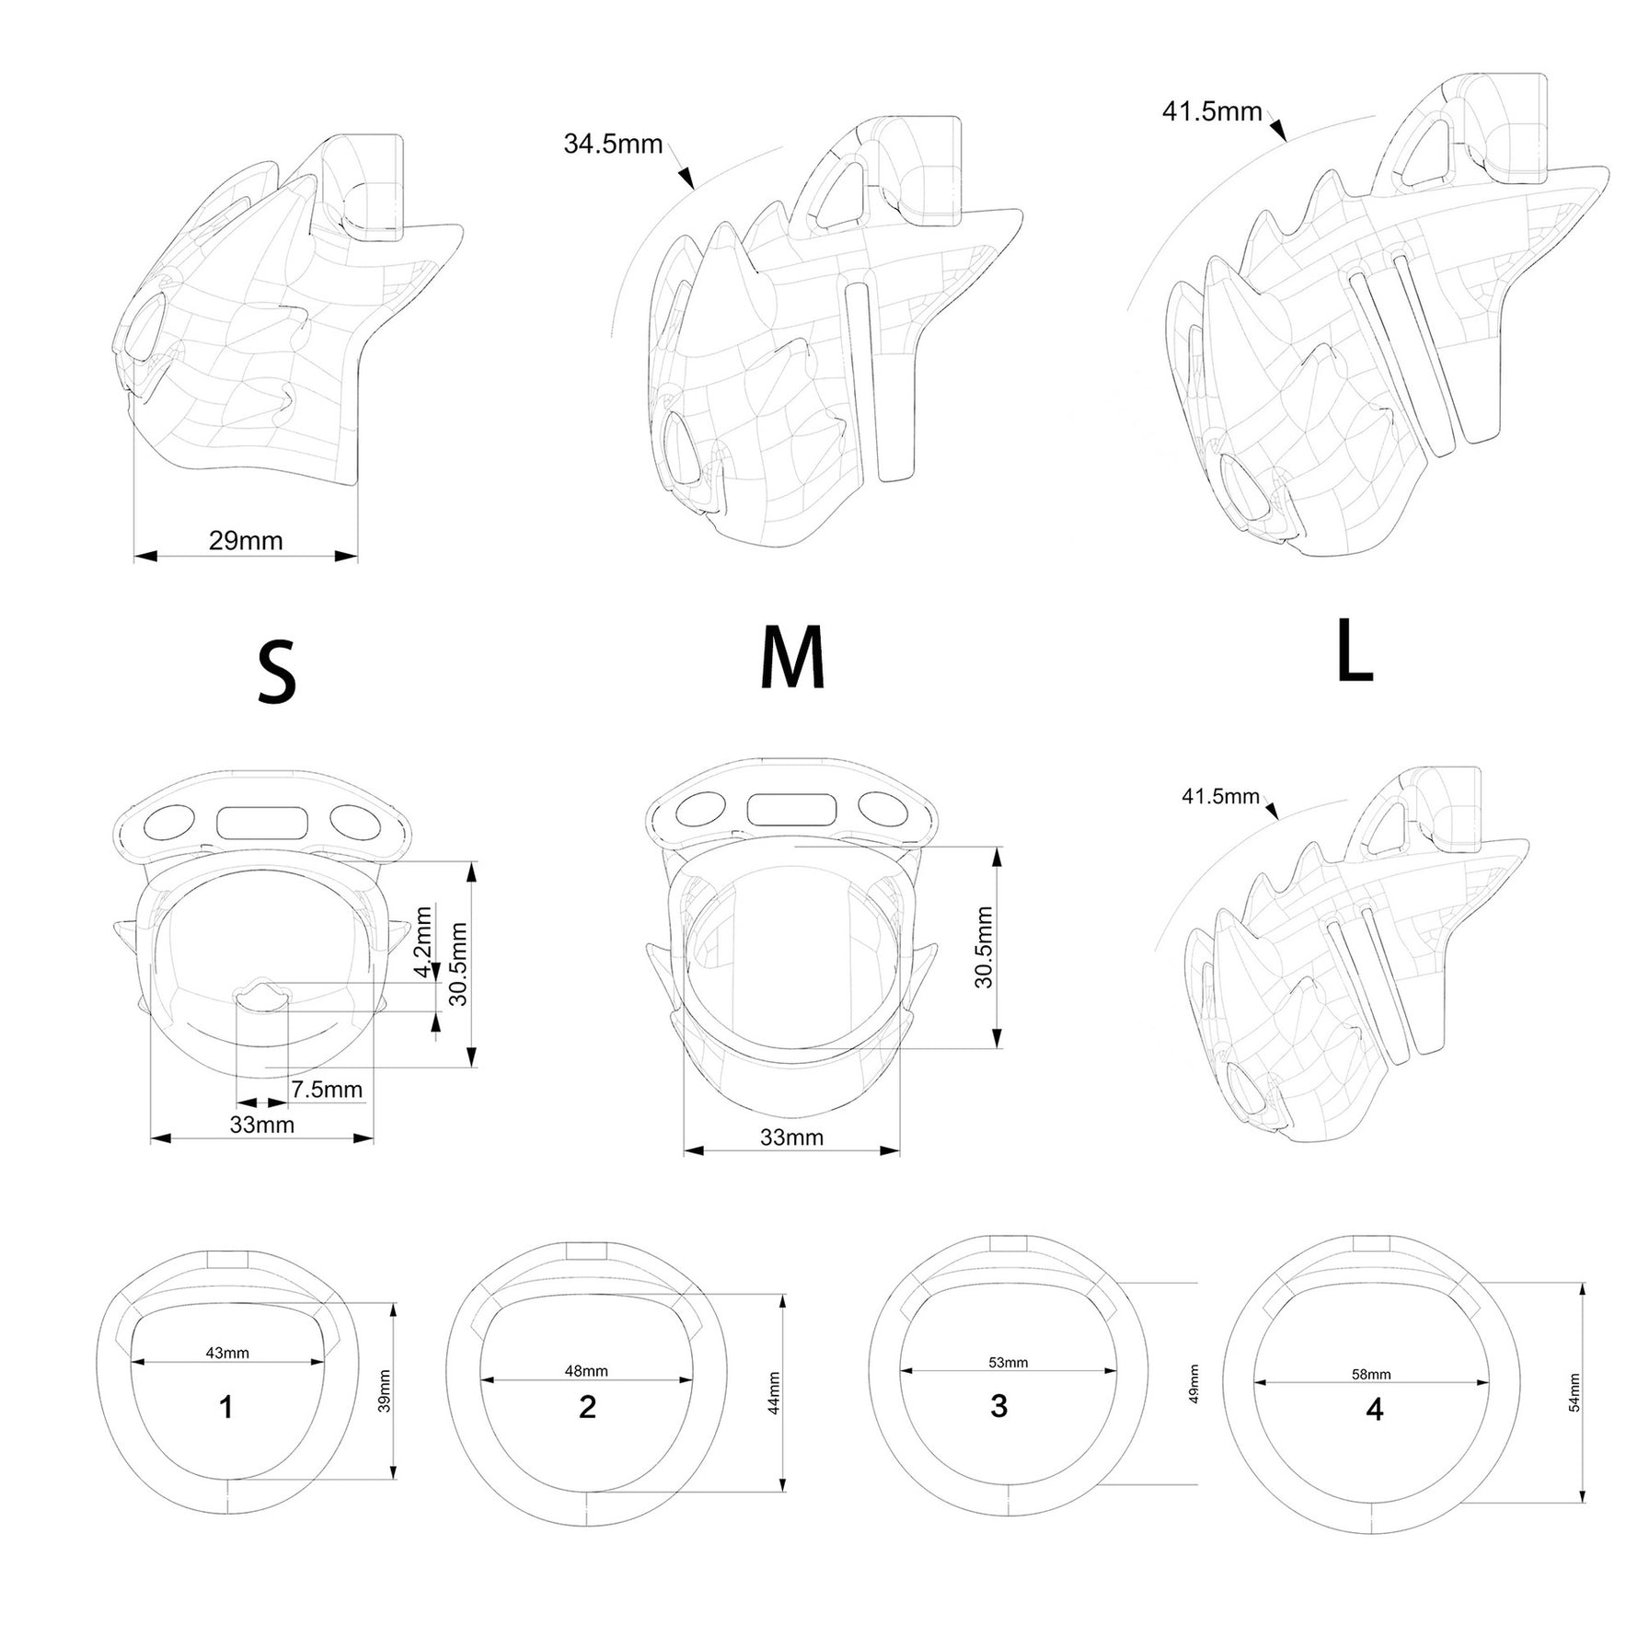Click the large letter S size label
pyautogui.click(x=277, y=673)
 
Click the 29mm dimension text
pyautogui.click(x=246, y=540)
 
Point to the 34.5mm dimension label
pyautogui.click(x=613, y=144)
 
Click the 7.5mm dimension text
pyautogui.click(x=327, y=1090)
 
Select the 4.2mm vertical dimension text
pyautogui.click(x=423, y=942)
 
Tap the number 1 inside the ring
pyautogui.click(x=226, y=1406)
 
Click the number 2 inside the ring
pyautogui.click(x=587, y=1406)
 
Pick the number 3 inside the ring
pyautogui.click(x=999, y=1405)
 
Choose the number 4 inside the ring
pyautogui.click(x=1375, y=1409)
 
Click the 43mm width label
pyautogui.click(x=227, y=1353)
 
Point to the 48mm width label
pyautogui.click(x=586, y=1370)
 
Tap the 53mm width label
pyautogui.click(x=1008, y=1362)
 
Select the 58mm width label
pyautogui.click(x=1371, y=1374)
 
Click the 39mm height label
pyautogui.click(x=385, y=1391)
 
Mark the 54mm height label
pyautogui.click(x=1575, y=1392)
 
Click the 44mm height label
pyautogui.click(x=774, y=1393)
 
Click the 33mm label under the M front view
pyautogui.click(x=791, y=1137)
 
